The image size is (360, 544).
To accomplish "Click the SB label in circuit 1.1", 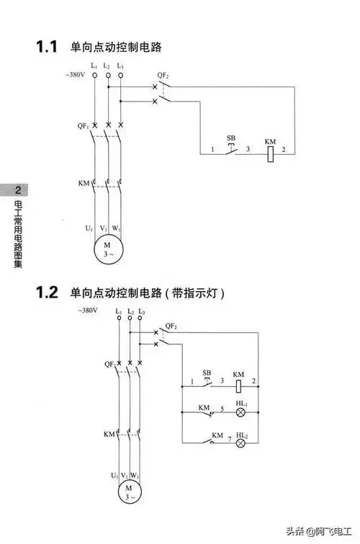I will coord(231,137).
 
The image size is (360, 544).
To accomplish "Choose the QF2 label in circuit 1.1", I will coord(163,75).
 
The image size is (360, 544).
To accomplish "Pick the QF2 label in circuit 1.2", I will coord(171,326).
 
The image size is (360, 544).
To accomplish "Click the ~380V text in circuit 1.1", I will coord(76,75).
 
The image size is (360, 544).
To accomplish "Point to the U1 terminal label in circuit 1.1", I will coord(89,228).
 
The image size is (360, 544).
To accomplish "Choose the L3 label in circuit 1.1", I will coord(120,66).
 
